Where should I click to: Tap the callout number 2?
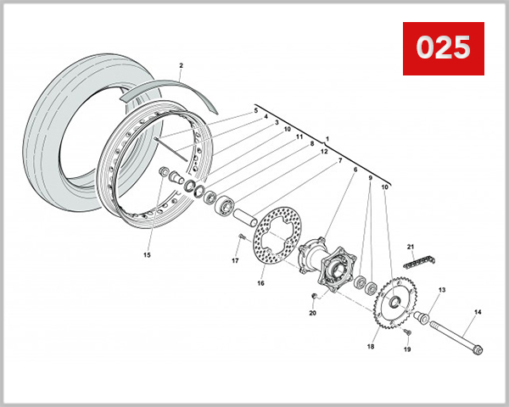point(181,65)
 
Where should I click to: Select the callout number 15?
point(147,254)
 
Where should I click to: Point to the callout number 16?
point(261,282)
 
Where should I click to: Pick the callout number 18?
point(371,347)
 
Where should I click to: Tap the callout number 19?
point(407,349)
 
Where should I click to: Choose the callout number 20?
point(312,313)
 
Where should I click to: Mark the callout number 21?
point(411,247)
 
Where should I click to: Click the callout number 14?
point(478,313)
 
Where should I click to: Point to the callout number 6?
point(355,170)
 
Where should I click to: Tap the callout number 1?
point(327,137)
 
